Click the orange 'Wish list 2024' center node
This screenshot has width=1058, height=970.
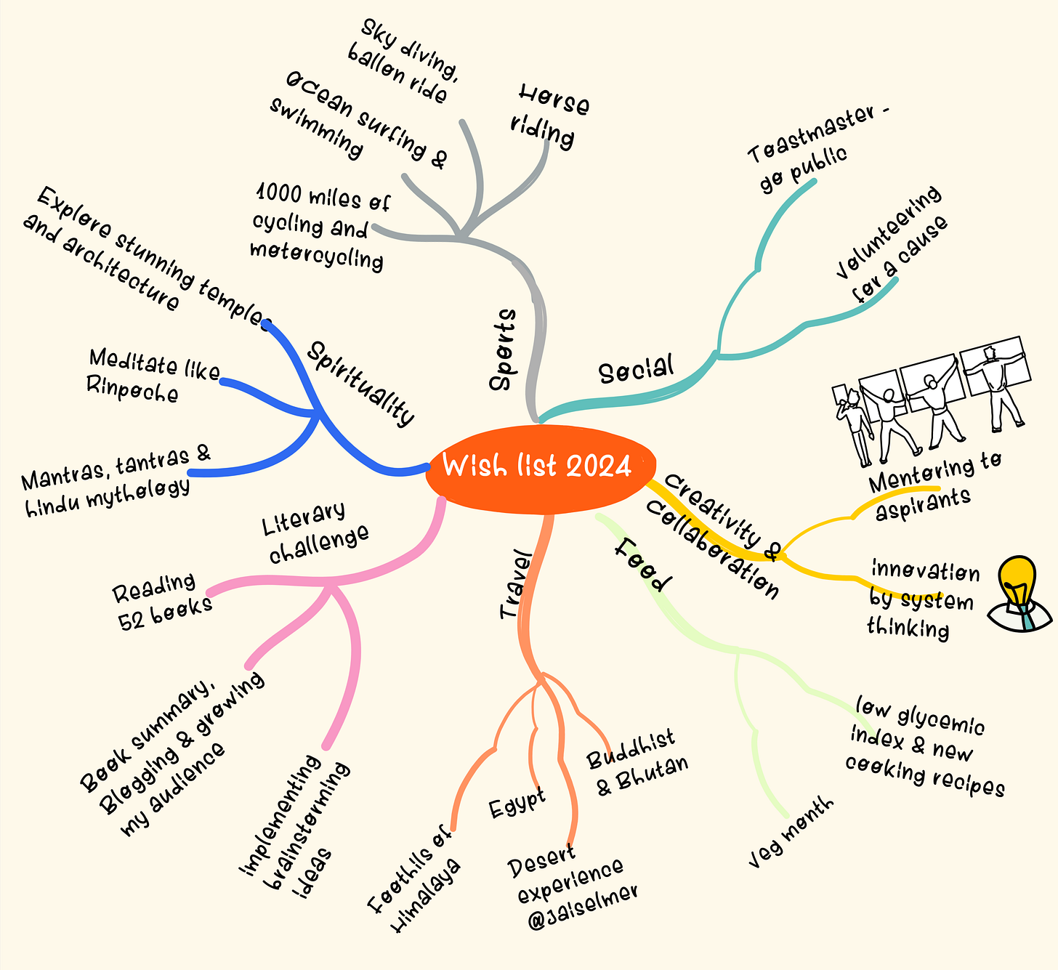(x=538, y=466)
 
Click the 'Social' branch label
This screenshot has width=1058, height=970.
(x=636, y=368)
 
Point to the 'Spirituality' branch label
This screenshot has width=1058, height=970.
(x=360, y=383)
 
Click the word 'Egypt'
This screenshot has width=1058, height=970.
(x=517, y=804)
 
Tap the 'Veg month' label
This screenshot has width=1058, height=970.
(x=791, y=833)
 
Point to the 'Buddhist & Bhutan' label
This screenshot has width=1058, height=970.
(x=637, y=763)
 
